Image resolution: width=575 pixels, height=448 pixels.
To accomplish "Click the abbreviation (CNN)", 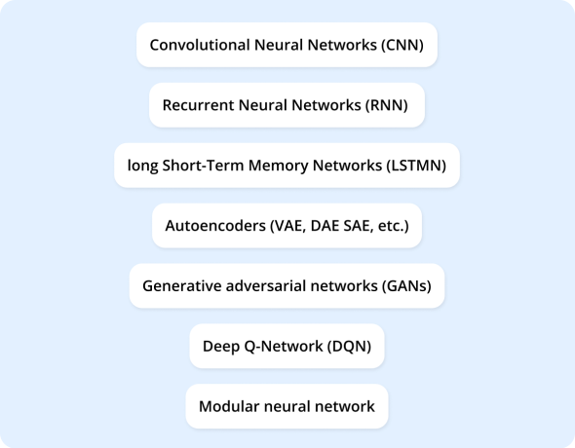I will (x=403, y=45).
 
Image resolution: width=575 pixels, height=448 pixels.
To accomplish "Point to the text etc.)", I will (x=394, y=226).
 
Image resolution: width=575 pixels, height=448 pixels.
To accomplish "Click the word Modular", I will (x=228, y=407).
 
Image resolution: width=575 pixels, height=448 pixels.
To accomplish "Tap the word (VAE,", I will (x=290, y=226).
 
